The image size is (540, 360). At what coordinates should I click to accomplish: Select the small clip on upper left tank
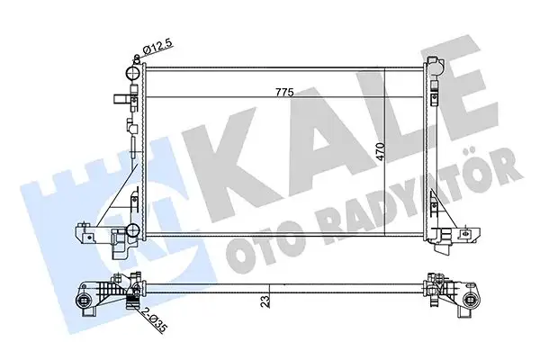[x=118, y=100]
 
